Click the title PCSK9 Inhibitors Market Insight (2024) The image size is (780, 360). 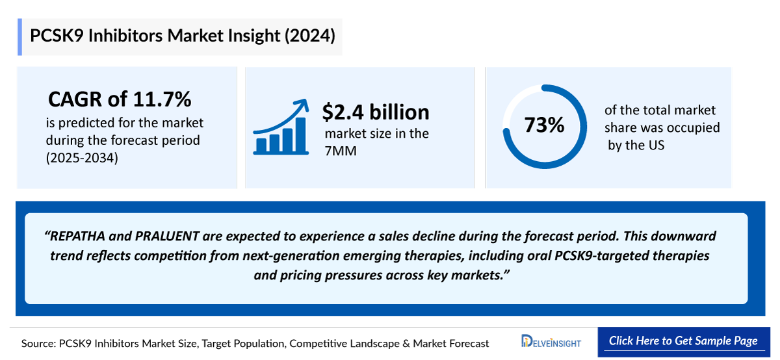(183, 36)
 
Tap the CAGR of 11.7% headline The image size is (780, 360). (120, 99)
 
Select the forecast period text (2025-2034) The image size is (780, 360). (82, 157)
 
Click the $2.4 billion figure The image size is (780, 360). (376, 112)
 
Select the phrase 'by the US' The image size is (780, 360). (636, 145)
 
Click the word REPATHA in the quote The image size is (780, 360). (77, 235)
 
